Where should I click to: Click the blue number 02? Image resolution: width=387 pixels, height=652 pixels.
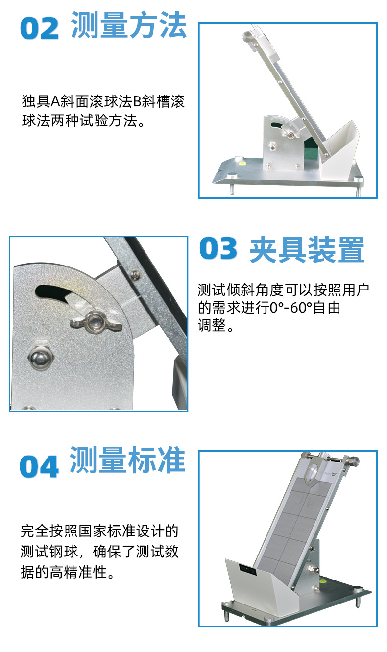coord(39,28)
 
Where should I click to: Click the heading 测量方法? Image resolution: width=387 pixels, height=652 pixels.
coord(129,25)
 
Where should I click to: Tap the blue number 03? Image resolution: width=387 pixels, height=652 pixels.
coord(218,249)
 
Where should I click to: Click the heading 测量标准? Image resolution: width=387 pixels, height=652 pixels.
coord(127,459)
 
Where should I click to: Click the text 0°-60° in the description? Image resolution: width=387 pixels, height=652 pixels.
coord(293,308)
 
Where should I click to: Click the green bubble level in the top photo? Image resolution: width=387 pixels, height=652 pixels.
coord(242,159)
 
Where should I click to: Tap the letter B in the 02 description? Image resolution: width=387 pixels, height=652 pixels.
coord(137,102)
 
